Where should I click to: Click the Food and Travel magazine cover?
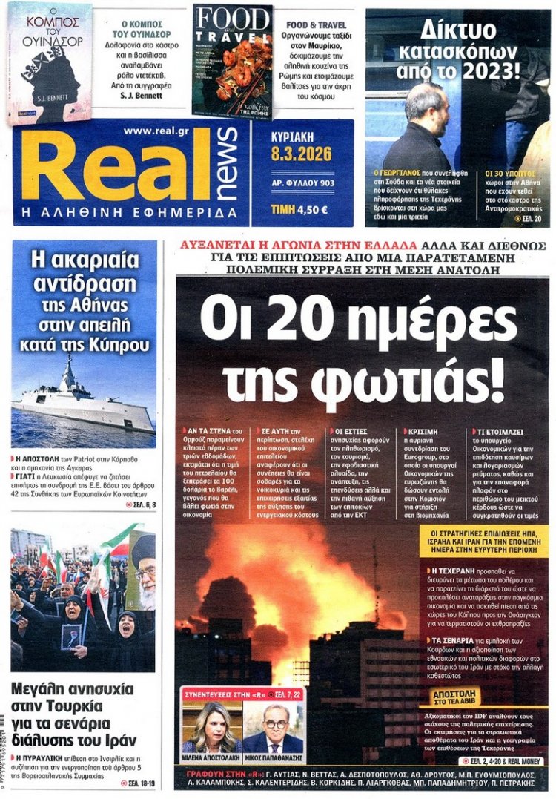(233, 61)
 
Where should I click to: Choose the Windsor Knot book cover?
(50, 62)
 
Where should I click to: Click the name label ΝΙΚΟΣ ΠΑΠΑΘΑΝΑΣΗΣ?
(274, 760)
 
